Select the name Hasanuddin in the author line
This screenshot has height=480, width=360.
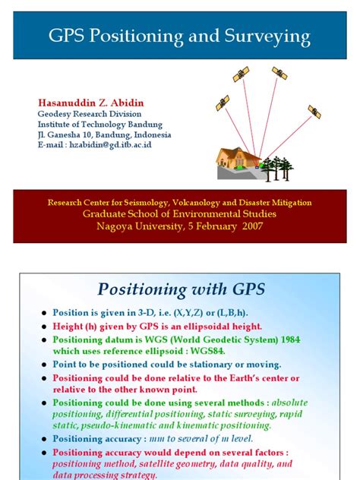pyautogui.click(x=67, y=103)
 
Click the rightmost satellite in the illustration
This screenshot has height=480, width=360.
pyautogui.click(x=314, y=112)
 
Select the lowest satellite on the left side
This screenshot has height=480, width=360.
pyautogui.click(x=223, y=102)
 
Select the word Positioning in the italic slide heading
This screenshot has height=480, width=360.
pyautogui.click(x=138, y=289)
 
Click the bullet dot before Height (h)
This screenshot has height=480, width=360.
pyautogui.click(x=43, y=326)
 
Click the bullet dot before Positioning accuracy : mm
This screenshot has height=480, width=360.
pyautogui.click(x=43, y=439)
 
